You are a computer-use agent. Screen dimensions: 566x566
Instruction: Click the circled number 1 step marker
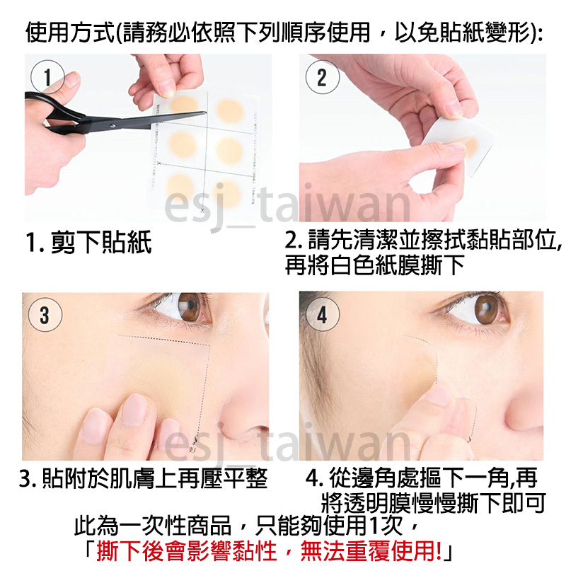(47, 77)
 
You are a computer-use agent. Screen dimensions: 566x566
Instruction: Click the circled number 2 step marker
(323, 77)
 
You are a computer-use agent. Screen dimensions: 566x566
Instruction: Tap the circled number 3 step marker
(45, 315)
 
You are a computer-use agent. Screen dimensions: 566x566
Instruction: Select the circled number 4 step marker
(323, 315)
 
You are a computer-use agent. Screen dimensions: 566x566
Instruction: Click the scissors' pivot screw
(113, 126)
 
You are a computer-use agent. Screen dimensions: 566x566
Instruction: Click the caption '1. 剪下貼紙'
(89, 242)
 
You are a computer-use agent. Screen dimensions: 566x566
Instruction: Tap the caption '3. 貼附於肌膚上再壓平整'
(144, 479)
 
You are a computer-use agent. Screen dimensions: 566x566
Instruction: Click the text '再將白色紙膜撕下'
(374, 265)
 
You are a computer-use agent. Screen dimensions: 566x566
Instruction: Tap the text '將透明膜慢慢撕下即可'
(433, 503)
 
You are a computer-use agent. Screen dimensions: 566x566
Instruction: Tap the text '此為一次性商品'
(153, 526)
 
